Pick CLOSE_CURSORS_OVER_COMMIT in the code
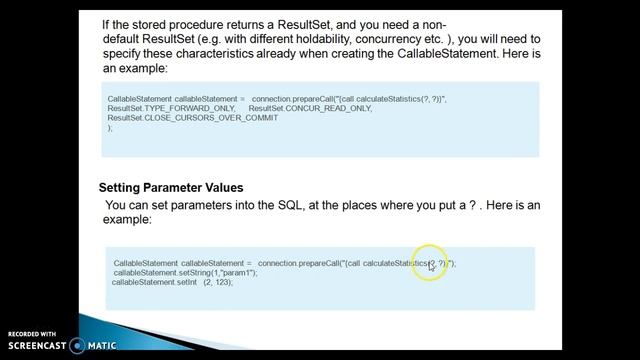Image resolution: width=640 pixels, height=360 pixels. click(x=185, y=118)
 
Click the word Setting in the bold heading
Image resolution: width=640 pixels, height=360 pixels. click(x=122, y=188)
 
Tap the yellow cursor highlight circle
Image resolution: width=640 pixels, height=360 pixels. click(x=430, y=264)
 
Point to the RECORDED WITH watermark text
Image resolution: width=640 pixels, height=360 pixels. click(x=32, y=334)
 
